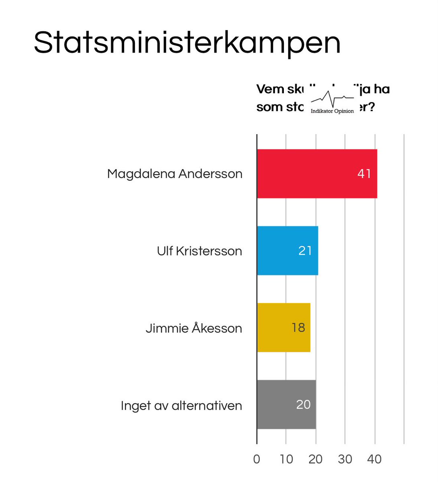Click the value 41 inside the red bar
364,174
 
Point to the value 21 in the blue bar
305,251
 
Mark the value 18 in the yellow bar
298,328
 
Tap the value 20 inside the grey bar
304,404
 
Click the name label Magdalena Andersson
175,174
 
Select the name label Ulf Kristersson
200,251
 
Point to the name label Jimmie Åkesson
194,328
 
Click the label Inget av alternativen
181,406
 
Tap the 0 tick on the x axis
257,459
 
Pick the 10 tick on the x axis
286,459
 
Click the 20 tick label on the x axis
316,459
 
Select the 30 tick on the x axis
345,459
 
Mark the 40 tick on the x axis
374,459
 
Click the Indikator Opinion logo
332,103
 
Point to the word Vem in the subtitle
270,89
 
